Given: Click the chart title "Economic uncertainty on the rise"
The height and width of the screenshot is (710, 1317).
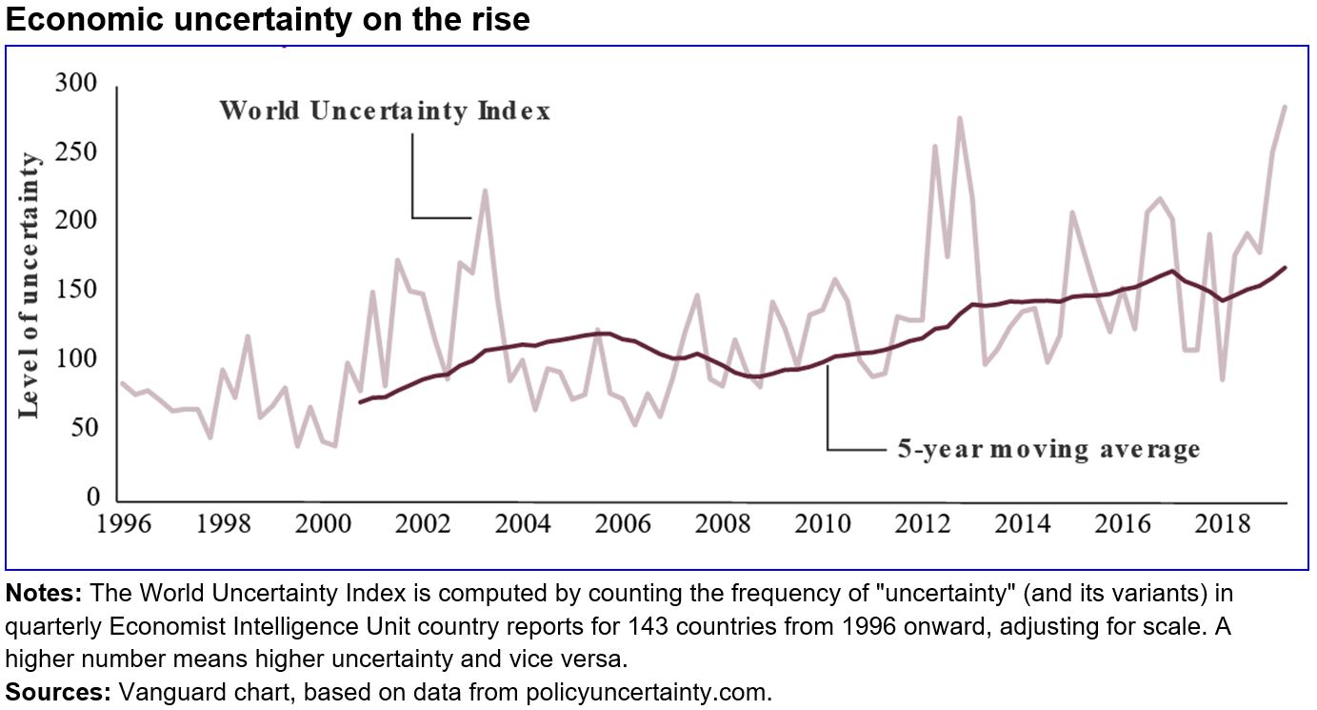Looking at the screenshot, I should point(268,19).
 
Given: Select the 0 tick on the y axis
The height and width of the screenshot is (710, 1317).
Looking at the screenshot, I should point(91,497).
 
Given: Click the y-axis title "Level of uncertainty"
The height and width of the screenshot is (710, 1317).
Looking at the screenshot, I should point(30,284).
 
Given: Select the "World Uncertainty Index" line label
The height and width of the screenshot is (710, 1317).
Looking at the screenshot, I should point(385,112).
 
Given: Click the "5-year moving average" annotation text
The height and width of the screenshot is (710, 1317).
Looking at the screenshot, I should point(1048,449).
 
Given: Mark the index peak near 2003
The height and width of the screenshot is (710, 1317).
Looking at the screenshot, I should point(485,190).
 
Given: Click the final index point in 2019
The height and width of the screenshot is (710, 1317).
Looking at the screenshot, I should point(1285,107).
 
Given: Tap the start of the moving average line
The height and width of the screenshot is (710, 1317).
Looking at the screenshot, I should point(360,402).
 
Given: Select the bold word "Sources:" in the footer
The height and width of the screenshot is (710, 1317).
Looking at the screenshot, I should point(58,693).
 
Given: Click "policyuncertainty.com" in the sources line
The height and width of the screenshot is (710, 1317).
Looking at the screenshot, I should point(647,693).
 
